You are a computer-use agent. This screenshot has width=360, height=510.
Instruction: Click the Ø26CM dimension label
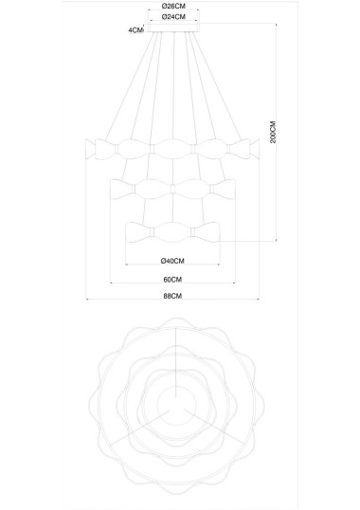tap(173, 6)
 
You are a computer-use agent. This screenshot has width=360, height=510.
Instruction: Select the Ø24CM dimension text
tap(173, 16)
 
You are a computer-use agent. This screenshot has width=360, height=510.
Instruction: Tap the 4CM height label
tap(135, 30)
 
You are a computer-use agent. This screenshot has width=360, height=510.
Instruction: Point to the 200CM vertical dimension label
tap(273, 132)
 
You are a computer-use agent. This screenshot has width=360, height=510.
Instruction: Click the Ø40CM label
tap(172, 261)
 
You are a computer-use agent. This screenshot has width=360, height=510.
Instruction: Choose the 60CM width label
tap(172, 279)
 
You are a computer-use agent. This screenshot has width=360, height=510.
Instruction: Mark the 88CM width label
tap(172, 296)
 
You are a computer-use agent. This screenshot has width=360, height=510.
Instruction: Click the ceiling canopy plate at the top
tap(173, 27)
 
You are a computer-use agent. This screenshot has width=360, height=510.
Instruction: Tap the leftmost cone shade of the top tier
tap(90, 149)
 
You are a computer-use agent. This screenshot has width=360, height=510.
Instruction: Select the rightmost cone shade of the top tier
tap(255, 149)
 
